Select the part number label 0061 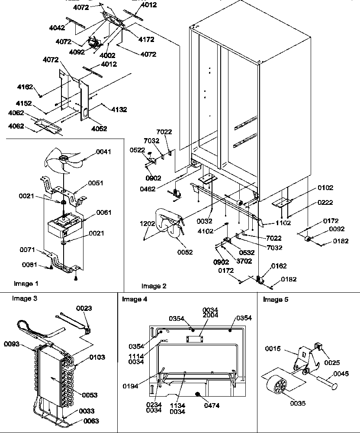point(104,212)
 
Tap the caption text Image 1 point(26,284)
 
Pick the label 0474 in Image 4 point(212,406)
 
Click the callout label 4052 point(99,129)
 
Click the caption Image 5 point(276,300)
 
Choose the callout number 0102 point(325,188)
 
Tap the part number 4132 point(119,110)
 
